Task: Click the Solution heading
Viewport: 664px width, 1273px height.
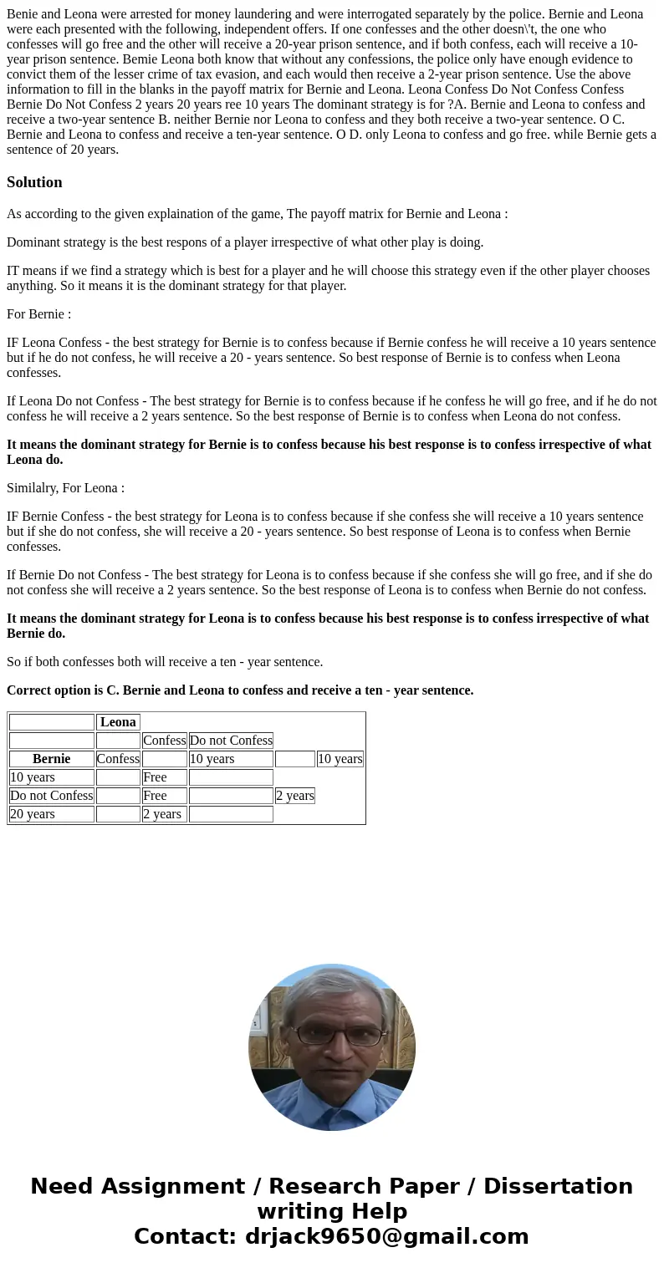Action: click(x=34, y=182)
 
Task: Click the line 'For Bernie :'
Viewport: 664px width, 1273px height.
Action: click(x=38, y=314)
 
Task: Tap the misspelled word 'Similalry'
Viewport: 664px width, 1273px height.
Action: click(x=33, y=488)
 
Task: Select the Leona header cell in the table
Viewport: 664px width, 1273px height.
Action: click(x=118, y=722)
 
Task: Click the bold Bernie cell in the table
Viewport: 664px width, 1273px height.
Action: click(x=51, y=759)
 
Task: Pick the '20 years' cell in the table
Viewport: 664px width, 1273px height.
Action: click(x=33, y=814)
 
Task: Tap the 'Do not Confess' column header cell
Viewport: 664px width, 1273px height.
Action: click(x=231, y=741)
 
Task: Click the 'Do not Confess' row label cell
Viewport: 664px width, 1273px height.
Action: click(x=52, y=796)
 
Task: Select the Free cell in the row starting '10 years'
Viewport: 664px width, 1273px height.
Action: click(x=155, y=777)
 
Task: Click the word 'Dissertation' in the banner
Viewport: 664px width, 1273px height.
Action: click(x=558, y=1186)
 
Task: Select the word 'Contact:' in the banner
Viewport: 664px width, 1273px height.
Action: click(x=185, y=1236)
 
